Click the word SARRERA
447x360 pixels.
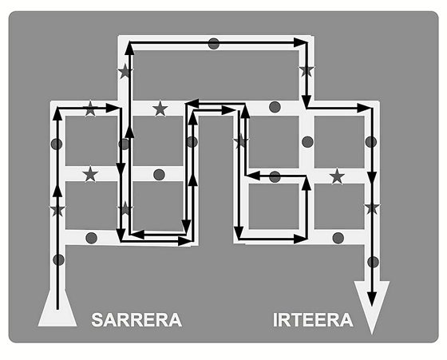click(136, 320)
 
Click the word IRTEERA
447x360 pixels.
click(313, 320)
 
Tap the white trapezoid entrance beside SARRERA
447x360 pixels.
click(57, 308)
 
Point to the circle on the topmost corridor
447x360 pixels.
click(214, 44)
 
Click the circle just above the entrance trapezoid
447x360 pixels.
click(59, 260)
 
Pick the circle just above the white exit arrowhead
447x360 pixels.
click(373, 262)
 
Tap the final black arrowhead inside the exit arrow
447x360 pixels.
click(371, 299)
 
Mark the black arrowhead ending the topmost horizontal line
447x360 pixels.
click(301, 43)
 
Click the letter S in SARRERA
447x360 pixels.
click(97, 320)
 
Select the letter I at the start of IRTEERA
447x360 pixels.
click(275, 320)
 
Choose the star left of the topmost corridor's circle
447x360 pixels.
click(125, 71)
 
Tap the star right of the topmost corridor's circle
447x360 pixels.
click(307, 69)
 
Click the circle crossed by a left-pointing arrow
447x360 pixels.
click(275, 176)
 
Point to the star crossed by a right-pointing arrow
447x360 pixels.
click(90, 109)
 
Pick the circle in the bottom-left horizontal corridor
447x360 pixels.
click(91, 238)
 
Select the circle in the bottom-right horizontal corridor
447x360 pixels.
click(338, 238)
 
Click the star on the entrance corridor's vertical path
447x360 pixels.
click(57, 210)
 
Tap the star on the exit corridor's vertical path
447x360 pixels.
click(372, 208)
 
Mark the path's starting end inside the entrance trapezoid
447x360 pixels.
click(57, 309)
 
